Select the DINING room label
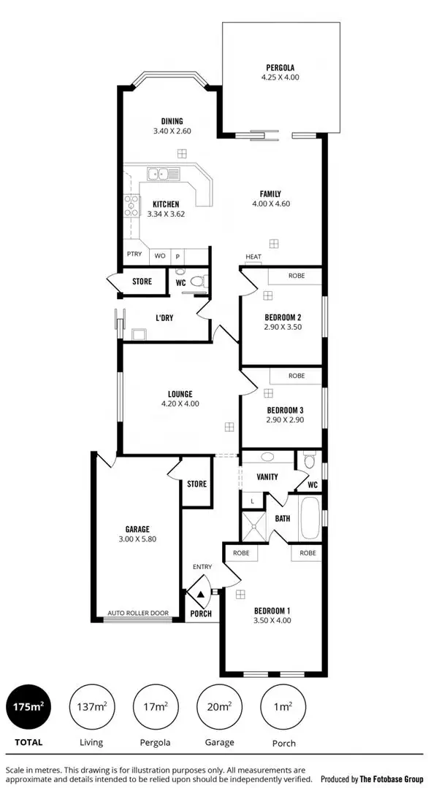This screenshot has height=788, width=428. tap(172, 121)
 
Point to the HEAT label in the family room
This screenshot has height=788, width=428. tap(253, 257)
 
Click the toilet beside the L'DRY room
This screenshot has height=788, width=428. tap(195, 282)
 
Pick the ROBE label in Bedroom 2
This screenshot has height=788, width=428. tap(297, 276)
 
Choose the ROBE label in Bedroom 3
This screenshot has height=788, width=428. tap(297, 376)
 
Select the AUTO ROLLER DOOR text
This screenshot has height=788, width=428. tap(138, 613)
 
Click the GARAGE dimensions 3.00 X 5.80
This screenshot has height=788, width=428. tap(137, 539)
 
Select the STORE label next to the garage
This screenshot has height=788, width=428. tap(196, 484)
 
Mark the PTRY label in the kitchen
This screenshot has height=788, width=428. tap(134, 255)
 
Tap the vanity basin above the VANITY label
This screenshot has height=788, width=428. tap(267, 457)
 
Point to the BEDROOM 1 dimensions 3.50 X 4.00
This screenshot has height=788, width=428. tap(272, 621)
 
